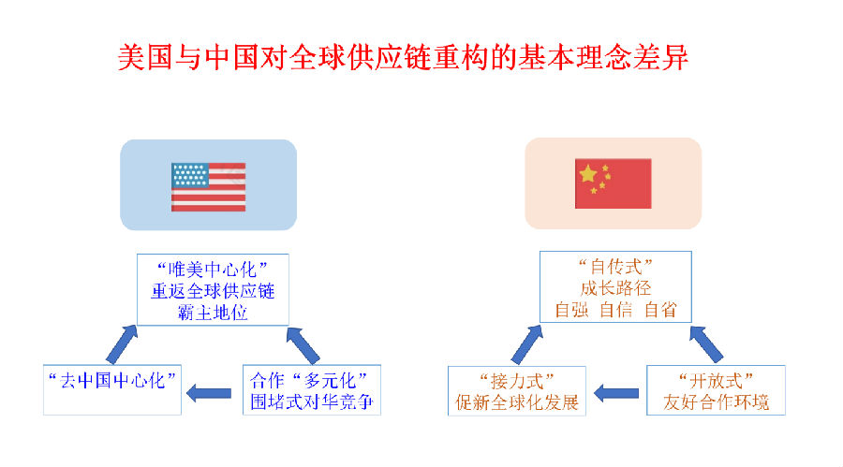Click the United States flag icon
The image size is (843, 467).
pyautogui.click(x=208, y=186)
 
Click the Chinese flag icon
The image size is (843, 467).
pyautogui.click(x=613, y=183)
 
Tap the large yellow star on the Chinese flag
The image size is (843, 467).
pyautogui.click(x=588, y=174)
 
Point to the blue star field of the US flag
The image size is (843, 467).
pyautogui.click(x=189, y=173)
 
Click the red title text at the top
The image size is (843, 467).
pyautogui.click(x=403, y=57)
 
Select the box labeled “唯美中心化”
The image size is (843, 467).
pyautogui.click(x=213, y=289)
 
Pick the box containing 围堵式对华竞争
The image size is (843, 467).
pyautogui.click(x=312, y=391)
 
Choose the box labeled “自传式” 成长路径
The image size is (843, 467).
pyautogui.click(x=615, y=286)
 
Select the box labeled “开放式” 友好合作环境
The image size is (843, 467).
pyautogui.click(x=716, y=391)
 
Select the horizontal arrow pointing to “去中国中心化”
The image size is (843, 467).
pyautogui.click(x=210, y=392)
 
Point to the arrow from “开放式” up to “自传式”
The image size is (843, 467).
pyautogui.click(x=705, y=343)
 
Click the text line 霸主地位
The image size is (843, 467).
pyautogui.click(x=213, y=313)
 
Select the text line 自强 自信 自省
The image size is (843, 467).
pyautogui.click(x=615, y=310)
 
